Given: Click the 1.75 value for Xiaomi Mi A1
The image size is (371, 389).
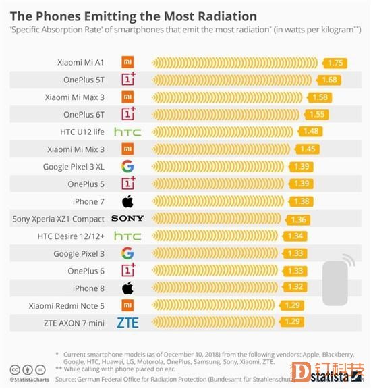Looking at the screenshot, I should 335,63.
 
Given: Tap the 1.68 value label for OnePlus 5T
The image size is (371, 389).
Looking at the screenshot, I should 329,80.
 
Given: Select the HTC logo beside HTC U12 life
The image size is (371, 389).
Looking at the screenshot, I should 127,132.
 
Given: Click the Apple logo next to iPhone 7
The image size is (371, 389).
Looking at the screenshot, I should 127,201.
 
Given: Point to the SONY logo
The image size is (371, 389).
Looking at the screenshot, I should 127,219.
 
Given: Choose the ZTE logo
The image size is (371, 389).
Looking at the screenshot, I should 127,322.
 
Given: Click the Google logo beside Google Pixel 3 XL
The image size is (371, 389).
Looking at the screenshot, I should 127,166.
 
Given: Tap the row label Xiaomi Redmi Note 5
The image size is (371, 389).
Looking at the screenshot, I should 67,305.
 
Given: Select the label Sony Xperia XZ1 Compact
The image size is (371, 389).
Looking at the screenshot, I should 59,219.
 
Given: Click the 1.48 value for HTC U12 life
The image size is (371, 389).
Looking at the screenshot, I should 312,132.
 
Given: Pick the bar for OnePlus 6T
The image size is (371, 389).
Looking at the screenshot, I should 229,114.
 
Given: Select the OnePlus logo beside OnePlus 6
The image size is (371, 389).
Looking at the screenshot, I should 127,270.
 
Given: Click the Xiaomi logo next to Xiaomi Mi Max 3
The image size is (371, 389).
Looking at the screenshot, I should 127,97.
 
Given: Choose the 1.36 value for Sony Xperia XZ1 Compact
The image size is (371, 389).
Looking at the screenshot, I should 298,219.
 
